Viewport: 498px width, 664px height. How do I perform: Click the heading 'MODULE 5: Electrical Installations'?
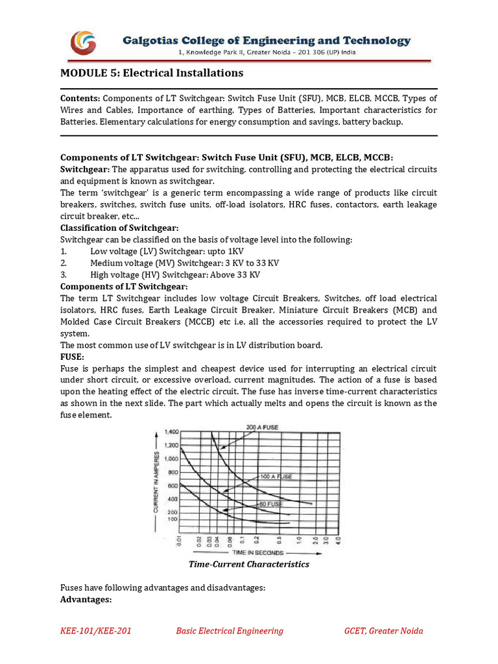[152, 73]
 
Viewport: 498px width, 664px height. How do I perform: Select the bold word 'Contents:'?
[80, 99]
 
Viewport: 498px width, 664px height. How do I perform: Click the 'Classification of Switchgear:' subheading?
[119, 228]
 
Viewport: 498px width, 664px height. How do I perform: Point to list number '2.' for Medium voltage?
[64, 263]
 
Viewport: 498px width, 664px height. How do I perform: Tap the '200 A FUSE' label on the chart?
[266, 427]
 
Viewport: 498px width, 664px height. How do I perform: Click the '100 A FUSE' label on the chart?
[276, 476]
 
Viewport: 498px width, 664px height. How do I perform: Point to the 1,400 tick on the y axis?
[171, 431]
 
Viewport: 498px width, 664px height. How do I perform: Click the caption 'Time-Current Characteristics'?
[249, 564]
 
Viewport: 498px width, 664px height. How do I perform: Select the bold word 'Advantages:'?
[86, 600]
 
